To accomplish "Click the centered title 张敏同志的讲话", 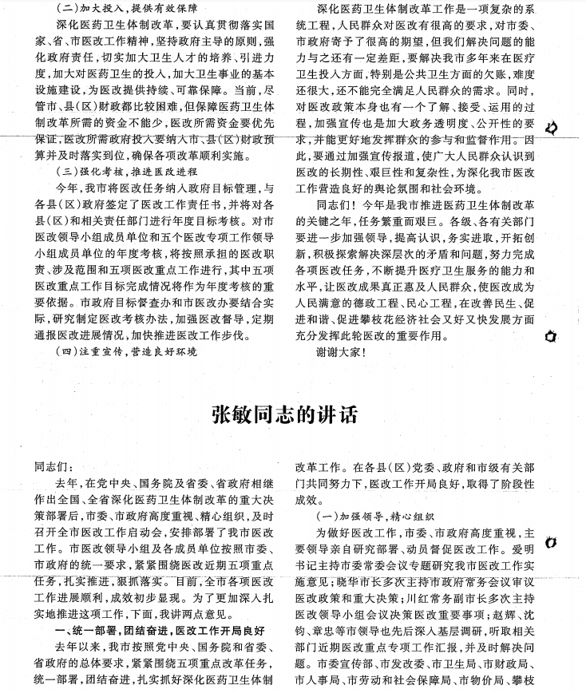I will pyautogui.click(x=284, y=415).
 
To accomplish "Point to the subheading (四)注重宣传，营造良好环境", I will pyautogui.click(x=128, y=351).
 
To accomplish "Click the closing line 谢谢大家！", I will pyautogui.click(x=341, y=351).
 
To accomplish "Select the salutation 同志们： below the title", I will pyautogui.click(x=53, y=466).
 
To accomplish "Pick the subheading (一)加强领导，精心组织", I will pyautogui.click(x=375, y=517).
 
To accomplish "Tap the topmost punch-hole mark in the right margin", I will pyautogui.click(x=550, y=129).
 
